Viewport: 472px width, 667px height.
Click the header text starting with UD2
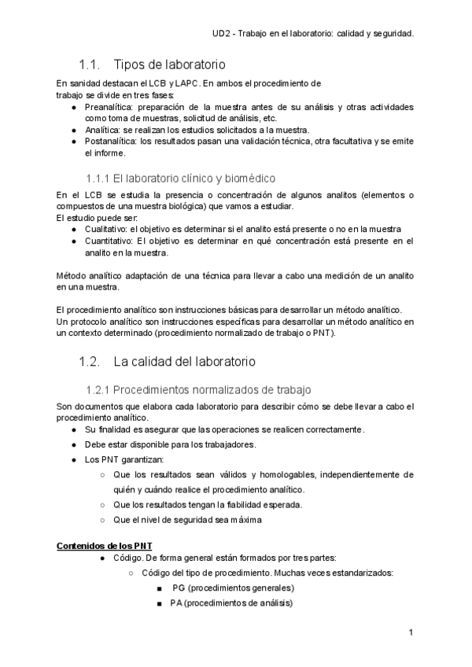tap(314, 34)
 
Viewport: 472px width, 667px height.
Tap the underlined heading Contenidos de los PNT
tap(105, 545)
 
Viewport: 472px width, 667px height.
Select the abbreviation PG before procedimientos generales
tap(178, 588)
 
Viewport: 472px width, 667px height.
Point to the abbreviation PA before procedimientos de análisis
tap(177, 603)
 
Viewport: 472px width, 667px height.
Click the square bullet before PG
tap(159, 588)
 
